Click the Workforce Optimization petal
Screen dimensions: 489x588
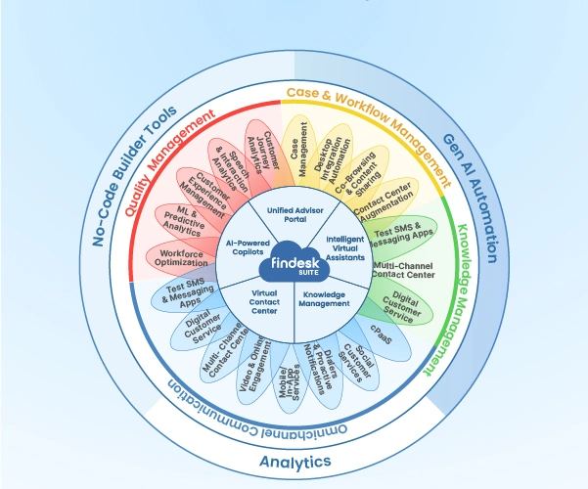pyautogui.click(x=183, y=257)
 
